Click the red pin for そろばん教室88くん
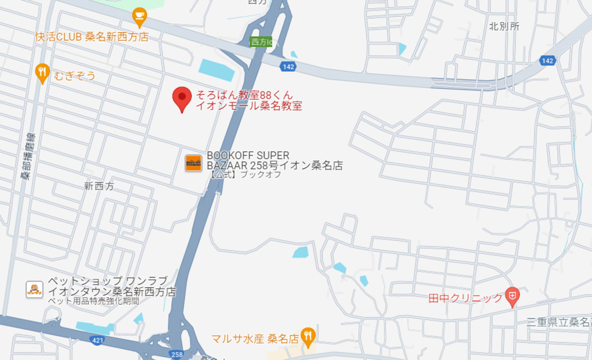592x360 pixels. click(x=182, y=98)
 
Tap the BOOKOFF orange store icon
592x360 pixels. click(x=193, y=163)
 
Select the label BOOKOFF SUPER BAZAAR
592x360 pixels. click(x=248, y=156)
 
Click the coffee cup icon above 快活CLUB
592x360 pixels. click(x=139, y=16)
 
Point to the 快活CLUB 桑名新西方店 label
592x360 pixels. click(x=92, y=37)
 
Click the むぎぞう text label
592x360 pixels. click(x=74, y=75)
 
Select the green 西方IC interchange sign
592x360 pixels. click(x=261, y=42)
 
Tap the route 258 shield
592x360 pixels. click(x=176, y=354)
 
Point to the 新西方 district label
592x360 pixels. click(x=99, y=186)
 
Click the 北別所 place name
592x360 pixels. click(x=504, y=26)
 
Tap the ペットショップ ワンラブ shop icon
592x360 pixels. click(x=35, y=289)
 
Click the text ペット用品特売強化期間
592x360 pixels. click(x=93, y=301)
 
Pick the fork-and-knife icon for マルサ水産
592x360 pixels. click(x=308, y=335)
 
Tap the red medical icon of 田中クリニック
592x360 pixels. click(x=512, y=297)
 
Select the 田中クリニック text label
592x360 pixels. click(x=465, y=298)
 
